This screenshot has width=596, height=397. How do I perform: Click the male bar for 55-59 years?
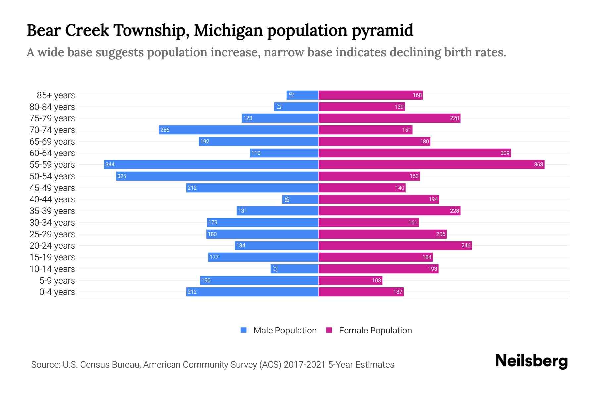tap(211, 164)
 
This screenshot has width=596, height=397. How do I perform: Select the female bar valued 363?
tap(431, 164)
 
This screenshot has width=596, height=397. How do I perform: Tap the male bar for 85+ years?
tap(302, 95)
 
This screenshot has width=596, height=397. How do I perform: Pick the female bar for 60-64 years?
tap(414, 153)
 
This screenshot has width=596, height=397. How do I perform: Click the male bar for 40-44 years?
tap(300, 199)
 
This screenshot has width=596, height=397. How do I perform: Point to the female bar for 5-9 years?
tap(350, 280)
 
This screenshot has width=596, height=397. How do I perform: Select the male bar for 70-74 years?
tap(238, 130)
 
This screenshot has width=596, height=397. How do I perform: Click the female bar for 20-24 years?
tap(395, 245)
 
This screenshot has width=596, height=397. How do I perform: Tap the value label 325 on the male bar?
tap(122, 176)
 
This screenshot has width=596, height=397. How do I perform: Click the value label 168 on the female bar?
tap(417, 95)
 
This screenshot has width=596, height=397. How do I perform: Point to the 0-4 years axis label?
tap(57, 292)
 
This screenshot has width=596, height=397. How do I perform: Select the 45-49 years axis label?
tap(52, 188)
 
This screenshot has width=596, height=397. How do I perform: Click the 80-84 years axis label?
tap(52, 107)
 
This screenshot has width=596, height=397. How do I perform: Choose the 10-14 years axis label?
tap(52, 269)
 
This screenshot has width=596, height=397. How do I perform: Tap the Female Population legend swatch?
tap(329, 330)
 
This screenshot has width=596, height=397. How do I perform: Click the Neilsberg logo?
tap(531, 361)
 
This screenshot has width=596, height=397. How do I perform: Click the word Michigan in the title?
tap(228, 31)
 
